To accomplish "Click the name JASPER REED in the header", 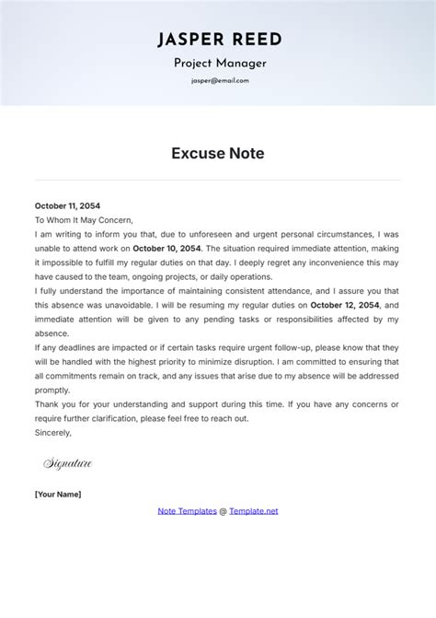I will coord(218,39).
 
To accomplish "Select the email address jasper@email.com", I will coord(218,80).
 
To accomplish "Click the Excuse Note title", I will coord(218,154).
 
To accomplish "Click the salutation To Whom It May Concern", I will coord(84,220).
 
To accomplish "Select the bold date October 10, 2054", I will coord(167,249).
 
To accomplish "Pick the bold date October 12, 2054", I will coord(343,305).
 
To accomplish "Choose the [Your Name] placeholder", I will coord(58,495).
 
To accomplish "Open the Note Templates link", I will coord(187,510).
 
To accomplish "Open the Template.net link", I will coord(253,510).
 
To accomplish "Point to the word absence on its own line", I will coord(52,333).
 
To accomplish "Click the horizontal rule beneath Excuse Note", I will coord(218,180).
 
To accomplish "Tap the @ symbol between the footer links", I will coord(223,510).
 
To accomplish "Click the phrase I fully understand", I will coord(72,291).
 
